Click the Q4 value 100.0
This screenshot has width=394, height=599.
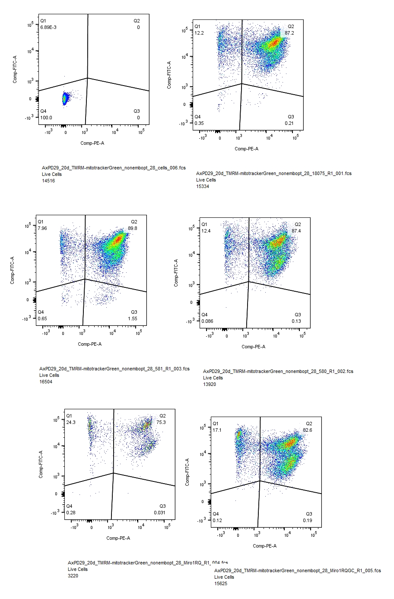(x=46, y=118)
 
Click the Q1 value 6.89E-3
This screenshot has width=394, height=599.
(x=48, y=27)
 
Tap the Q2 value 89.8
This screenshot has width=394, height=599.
(x=133, y=228)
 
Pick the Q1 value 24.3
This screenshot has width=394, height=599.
(x=71, y=422)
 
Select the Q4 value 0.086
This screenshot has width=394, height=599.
(x=207, y=321)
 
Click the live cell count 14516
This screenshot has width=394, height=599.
(x=48, y=181)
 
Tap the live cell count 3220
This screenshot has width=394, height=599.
(x=73, y=576)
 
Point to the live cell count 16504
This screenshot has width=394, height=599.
(x=46, y=382)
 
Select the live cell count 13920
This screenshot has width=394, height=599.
(x=210, y=384)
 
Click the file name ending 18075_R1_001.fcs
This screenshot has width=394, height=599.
(x=273, y=173)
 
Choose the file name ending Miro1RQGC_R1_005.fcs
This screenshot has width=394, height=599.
(x=298, y=570)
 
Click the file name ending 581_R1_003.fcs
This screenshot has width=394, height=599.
(x=114, y=369)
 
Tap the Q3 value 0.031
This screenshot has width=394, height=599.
(x=159, y=513)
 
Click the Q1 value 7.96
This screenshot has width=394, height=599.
(x=42, y=228)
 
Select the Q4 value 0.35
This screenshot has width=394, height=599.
(x=199, y=123)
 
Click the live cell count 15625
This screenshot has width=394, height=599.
(x=221, y=583)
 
